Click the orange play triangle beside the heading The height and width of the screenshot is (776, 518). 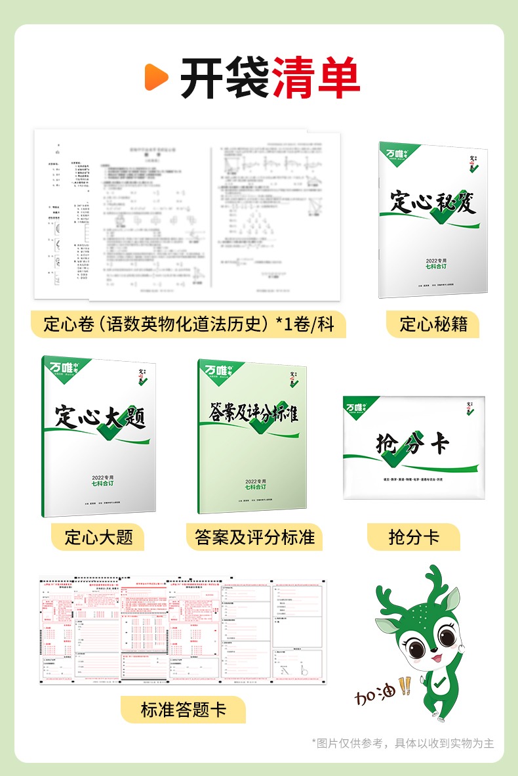(x=157, y=77)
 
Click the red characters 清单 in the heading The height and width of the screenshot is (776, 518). (x=317, y=77)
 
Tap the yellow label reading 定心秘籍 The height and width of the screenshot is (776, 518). (x=433, y=324)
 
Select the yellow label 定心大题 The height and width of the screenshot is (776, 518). (x=98, y=537)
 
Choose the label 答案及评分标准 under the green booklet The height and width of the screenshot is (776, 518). (x=255, y=537)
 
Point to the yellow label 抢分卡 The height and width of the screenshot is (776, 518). (x=414, y=537)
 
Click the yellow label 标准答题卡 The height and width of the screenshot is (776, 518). (x=184, y=710)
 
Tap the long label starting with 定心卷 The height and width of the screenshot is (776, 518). (x=189, y=324)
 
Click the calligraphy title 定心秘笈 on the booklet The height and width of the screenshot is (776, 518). (x=433, y=202)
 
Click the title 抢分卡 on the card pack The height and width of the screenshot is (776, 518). (x=413, y=445)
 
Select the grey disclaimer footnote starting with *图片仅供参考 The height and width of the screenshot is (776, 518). (x=403, y=743)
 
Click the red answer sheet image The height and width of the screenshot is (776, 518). (x=183, y=630)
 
